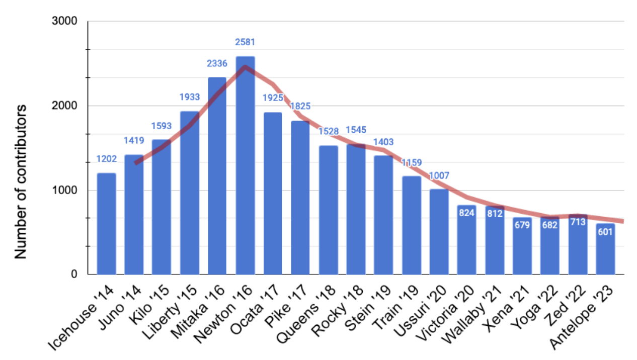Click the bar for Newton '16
click(x=245, y=165)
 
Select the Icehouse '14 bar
click(x=106, y=224)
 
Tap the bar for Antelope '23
click(x=605, y=249)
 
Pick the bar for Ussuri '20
click(x=439, y=232)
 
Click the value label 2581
click(x=245, y=42)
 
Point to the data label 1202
click(x=106, y=159)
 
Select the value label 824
click(x=466, y=212)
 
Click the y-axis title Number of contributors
click(x=20, y=181)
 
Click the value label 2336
click(x=217, y=63)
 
